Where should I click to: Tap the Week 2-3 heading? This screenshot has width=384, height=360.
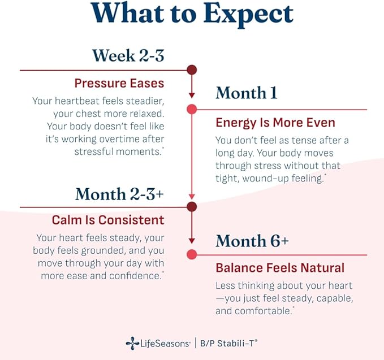(128, 55)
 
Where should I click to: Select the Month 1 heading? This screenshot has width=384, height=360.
(247, 93)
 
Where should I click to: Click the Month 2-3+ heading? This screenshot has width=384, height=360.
(119, 194)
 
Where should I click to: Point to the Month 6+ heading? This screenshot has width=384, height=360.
(252, 241)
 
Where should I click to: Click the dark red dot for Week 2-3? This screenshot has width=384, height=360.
(192, 70)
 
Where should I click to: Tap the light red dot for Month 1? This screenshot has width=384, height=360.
(192, 109)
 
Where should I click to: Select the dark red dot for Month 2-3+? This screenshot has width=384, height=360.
(192, 207)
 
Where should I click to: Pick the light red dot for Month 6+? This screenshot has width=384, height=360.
(192, 254)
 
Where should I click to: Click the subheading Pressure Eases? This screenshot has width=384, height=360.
(119, 83)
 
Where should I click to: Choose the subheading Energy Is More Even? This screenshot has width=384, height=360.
(275, 123)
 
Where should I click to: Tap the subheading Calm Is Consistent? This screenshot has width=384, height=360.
(108, 220)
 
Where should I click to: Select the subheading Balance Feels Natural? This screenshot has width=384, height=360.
(280, 268)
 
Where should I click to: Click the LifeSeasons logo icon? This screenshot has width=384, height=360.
(132, 344)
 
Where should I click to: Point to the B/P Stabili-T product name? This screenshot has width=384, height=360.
(228, 343)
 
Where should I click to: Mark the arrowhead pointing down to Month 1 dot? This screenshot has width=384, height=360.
(192, 96)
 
